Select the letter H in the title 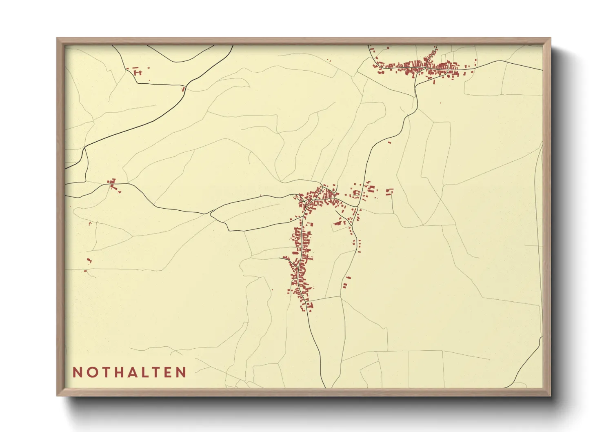119,372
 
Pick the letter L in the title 145,372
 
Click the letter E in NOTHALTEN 168,372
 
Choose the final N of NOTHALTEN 181,372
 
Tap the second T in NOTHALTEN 156,372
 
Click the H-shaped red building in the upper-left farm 138,73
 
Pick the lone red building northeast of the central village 389,143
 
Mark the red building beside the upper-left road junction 183,89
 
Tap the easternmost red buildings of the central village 390,191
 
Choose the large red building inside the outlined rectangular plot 338,223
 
